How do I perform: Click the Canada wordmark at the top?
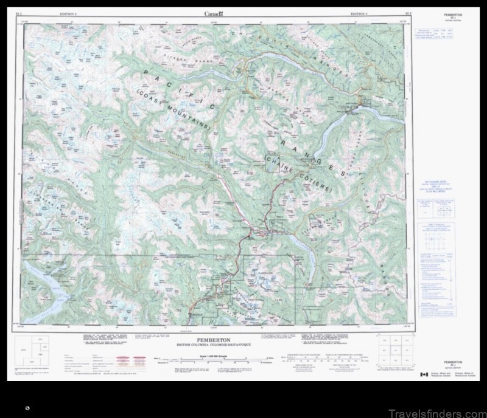coord(214,13)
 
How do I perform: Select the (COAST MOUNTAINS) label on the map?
coord(174,112)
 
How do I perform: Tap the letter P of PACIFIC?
coord(146,73)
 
